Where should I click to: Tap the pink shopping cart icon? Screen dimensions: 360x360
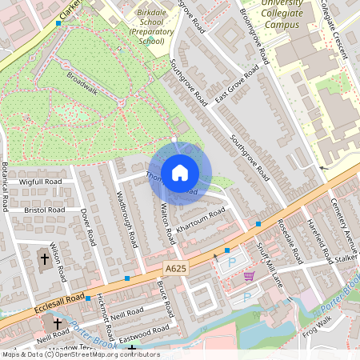249,276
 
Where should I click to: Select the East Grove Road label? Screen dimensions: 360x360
237,86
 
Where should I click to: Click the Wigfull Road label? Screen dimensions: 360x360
41,182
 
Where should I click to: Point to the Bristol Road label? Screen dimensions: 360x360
44,209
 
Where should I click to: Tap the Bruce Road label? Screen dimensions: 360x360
165,298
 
